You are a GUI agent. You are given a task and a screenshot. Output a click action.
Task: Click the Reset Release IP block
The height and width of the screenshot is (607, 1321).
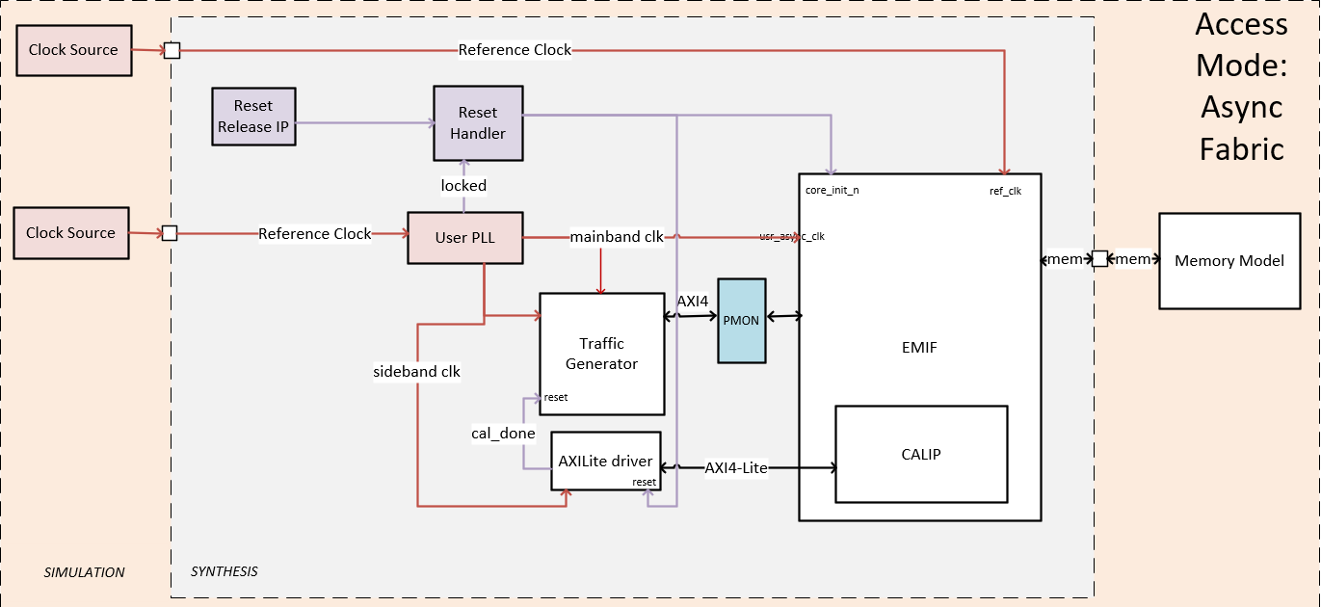click(x=253, y=117)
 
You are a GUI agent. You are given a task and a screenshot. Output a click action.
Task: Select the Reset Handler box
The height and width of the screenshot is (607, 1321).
click(x=478, y=123)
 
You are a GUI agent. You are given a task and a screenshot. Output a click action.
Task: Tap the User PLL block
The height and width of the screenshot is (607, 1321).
click(x=464, y=237)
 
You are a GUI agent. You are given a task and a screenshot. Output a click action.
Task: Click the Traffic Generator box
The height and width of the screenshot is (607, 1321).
click(x=601, y=354)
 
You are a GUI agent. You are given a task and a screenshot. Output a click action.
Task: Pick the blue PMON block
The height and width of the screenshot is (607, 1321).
click(x=742, y=321)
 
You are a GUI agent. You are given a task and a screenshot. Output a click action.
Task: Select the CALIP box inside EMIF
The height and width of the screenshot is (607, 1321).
click(x=920, y=454)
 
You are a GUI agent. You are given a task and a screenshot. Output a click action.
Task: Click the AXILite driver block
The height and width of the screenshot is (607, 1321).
click(x=605, y=461)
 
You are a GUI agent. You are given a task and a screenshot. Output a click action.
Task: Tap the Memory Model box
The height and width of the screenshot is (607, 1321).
click(x=1229, y=260)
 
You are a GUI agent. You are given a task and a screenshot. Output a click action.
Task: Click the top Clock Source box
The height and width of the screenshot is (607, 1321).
click(x=73, y=50)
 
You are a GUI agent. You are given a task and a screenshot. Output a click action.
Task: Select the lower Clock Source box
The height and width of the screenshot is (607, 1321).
click(x=70, y=233)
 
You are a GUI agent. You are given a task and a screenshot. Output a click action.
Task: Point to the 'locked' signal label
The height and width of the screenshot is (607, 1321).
click(x=463, y=185)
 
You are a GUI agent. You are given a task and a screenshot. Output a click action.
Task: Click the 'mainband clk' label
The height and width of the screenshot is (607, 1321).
click(x=617, y=236)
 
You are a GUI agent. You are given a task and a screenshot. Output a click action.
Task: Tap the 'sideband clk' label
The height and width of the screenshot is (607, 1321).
click(x=416, y=371)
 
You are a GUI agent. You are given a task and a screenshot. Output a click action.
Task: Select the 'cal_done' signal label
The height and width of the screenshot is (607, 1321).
click(x=503, y=433)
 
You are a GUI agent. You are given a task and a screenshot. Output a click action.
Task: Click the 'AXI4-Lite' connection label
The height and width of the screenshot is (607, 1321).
click(x=736, y=468)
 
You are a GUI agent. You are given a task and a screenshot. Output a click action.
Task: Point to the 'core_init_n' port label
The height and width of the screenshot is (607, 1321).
click(x=832, y=190)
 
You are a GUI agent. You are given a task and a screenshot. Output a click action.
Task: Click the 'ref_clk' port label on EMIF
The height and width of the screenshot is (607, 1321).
click(x=1005, y=191)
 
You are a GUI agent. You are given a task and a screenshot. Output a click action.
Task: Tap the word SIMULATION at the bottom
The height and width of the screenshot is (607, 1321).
click(x=85, y=572)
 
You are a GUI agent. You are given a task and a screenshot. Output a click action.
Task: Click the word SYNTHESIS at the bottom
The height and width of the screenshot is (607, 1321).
click(x=224, y=571)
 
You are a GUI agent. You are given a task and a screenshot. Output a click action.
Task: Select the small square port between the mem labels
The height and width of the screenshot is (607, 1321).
click(x=1098, y=258)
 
